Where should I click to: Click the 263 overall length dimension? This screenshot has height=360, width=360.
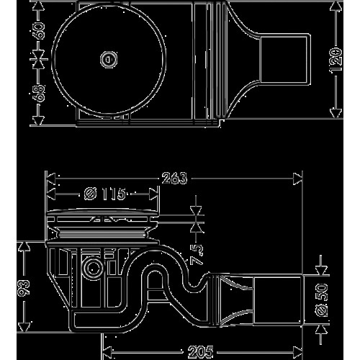point(174,179)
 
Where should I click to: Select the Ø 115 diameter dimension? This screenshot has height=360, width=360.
point(105,194)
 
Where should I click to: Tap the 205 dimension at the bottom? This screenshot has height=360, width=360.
point(201,352)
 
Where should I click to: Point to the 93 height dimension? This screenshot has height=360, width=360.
point(24,287)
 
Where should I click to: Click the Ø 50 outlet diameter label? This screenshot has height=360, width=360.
point(321,300)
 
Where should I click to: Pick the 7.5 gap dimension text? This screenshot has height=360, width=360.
point(197,253)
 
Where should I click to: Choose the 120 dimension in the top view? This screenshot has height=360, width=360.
point(336,59)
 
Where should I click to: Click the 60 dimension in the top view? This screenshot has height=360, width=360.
point(38,31)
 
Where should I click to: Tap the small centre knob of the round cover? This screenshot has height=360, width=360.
point(109,59)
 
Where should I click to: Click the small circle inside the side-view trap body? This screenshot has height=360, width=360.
point(92,268)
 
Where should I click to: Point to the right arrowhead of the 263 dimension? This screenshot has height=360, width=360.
point(297,179)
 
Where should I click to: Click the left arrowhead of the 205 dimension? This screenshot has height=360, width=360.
point(107,352)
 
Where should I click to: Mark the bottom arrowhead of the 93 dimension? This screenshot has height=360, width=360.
point(24,328)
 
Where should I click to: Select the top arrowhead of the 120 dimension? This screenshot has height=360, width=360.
point(336,6)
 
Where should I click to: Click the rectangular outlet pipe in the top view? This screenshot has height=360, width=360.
point(284,59)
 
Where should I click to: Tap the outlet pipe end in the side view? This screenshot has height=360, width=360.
point(278,300)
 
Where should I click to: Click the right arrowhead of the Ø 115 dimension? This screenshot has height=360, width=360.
point(153,194)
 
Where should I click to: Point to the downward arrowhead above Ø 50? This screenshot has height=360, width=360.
point(321,270)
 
